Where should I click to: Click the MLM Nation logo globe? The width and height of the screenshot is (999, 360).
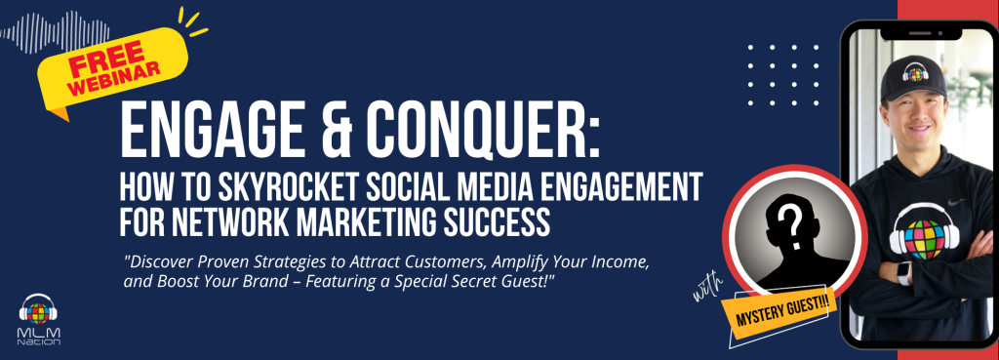tap(38, 312)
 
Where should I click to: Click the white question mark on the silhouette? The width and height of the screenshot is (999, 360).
tap(792, 226)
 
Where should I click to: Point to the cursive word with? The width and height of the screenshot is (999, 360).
tap(708, 288)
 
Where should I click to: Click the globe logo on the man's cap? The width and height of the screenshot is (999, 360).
tap(915, 72)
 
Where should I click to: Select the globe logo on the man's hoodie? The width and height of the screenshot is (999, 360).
tap(924, 239)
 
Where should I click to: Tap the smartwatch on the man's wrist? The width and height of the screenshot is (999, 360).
tap(903, 273)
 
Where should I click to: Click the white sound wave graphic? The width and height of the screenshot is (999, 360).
tap(55, 31)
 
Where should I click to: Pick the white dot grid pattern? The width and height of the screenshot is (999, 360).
tap(783, 74)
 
